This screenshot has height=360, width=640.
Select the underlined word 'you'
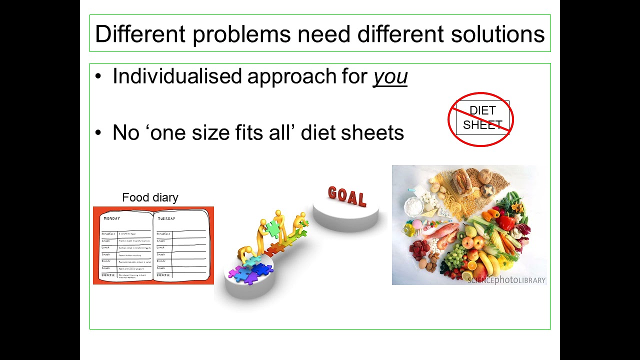click(390, 76)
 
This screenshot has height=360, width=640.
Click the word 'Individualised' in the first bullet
click(176, 76)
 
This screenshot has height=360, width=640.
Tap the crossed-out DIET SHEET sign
click(481, 119)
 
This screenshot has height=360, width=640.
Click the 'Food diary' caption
click(150, 197)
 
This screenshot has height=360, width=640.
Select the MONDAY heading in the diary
click(112, 218)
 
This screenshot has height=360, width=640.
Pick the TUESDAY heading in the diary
click(167, 219)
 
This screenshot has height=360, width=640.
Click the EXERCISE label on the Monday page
click(108, 275)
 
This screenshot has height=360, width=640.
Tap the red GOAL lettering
click(347, 196)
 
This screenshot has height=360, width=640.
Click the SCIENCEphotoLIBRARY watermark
click(506, 280)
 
